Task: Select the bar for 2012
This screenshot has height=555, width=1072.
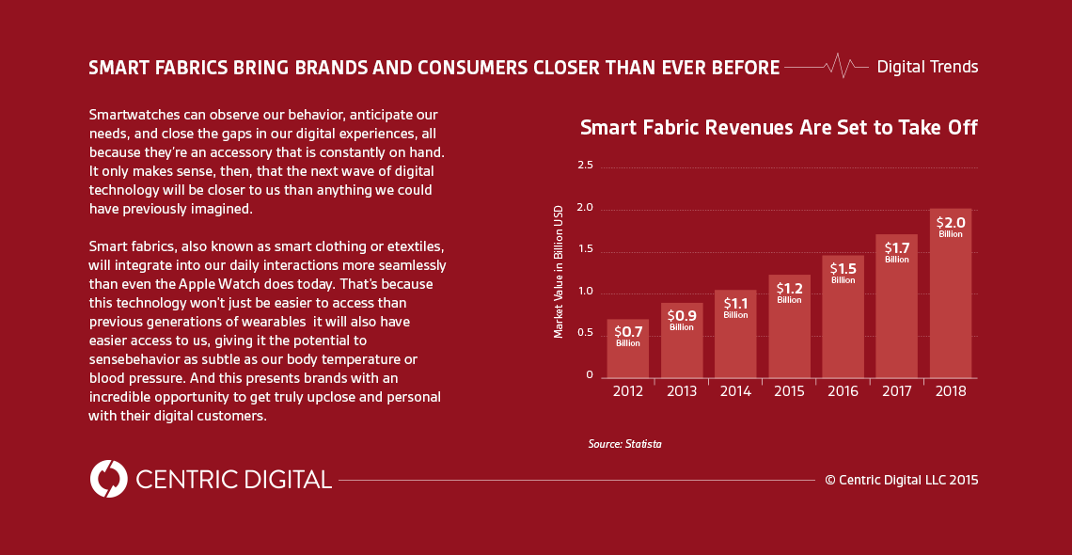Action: pyautogui.click(x=627, y=353)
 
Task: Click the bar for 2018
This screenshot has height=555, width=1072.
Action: pyautogui.click(x=951, y=301)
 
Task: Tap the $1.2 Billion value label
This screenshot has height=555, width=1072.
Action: pyautogui.click(x=789, y=293)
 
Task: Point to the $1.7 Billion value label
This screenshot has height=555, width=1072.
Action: pyautogui.click(x=896, y=252)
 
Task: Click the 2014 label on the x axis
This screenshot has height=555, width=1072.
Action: pyautogui.click(x=735, y=391)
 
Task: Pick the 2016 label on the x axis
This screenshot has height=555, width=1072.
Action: pyautogui.click(x=843, y=391)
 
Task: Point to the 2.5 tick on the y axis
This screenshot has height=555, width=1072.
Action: pyautogui.click(x=585, y=166)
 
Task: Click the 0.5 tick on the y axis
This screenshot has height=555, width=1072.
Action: pyautogui.click(x=585, y=333)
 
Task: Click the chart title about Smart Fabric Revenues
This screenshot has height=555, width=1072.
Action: pyautogui.click(x=779, y=128)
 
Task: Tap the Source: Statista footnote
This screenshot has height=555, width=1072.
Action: pyautogui.click(x=625, y=443)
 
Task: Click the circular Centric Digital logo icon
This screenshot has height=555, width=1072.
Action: pyautogui.click(x=108, y=479)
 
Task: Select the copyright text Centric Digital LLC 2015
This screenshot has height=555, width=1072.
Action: pyautogui.click(x=902, y=480)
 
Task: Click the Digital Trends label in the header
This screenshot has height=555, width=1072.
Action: pyautogui.click(x=927, y=67)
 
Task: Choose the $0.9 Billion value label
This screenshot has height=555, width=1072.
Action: pyautogui.click(x=682, y=320)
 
